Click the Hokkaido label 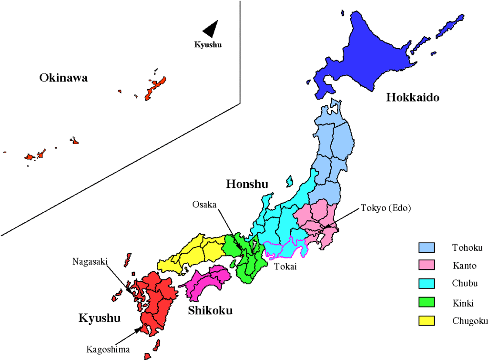pos(412,98)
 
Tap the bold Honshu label pos(247,184)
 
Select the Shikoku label pos(210,311)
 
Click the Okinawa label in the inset pos(63,78)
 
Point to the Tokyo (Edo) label pos(386,208)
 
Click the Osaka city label pos(204,204)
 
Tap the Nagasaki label pos(89,261)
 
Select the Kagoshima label pos(108,350)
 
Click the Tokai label pos(285,267)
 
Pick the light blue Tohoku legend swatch pos(427,247)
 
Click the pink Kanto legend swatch pos(427,266)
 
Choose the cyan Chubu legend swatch pos(427,284)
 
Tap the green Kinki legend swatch pos(427,302)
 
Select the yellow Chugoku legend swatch pos(427,320)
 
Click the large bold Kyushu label pos(99,318)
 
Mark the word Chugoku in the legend pos(470,320)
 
